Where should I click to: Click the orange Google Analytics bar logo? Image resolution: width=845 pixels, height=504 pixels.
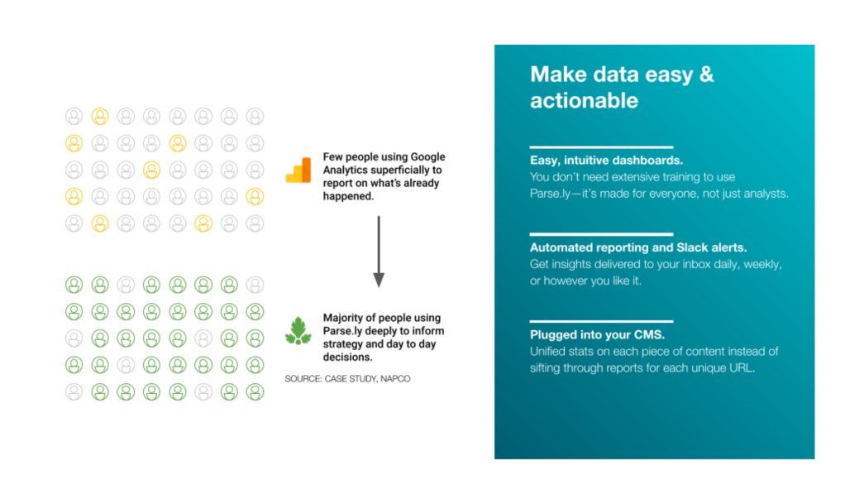pos(298,170)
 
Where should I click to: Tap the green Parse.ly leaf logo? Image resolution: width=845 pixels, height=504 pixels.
pos(298,331)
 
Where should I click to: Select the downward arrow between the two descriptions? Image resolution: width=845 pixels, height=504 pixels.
pos(379,252)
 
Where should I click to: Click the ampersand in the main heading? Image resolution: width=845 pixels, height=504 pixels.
pos(706,74)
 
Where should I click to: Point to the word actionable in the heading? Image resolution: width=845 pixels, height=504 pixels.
pos(585,101)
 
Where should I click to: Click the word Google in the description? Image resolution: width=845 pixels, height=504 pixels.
pos(428,157)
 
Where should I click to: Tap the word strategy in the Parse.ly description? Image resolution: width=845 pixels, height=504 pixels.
pos(344,344)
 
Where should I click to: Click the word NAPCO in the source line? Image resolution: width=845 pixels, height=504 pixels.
pos(395,379)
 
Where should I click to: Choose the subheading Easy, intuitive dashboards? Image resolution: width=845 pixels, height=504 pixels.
pos(606,161)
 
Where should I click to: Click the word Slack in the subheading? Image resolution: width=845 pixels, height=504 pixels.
pos(693,247)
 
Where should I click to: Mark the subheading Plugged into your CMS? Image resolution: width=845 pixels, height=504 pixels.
pos(597,334)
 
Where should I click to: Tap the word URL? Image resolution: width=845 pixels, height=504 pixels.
pos(742,368)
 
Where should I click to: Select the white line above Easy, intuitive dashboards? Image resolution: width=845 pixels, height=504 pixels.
pos(601,146)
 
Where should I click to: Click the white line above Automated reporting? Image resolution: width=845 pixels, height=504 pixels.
pos(601,234)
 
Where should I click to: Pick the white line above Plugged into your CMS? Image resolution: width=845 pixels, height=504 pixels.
pos(601,321)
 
